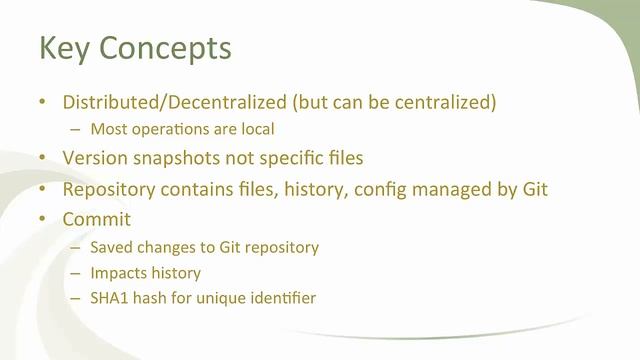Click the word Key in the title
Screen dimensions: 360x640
tap(62, 47)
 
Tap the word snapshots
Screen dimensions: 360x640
tap(176, 159)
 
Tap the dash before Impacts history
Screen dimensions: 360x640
tap(76, 272)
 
